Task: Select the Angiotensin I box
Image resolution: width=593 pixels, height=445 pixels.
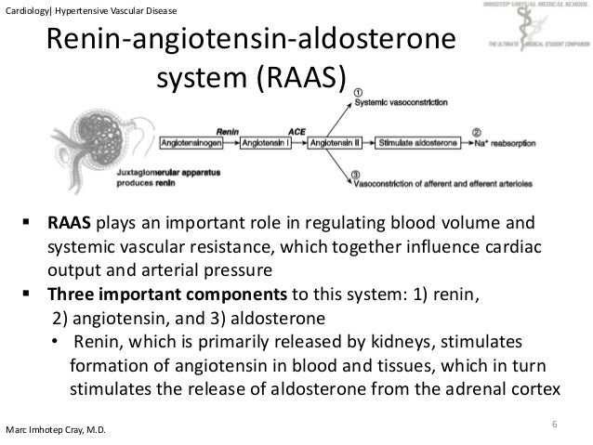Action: [265, 144]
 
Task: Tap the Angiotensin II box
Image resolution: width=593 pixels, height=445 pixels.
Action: [336, 144]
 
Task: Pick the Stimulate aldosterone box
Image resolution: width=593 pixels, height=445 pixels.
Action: [416, 144]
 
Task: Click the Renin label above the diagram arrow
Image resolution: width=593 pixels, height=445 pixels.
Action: [228, 131]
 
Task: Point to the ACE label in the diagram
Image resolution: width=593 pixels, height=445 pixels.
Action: [296, 131]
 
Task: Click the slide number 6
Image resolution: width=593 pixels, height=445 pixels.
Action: [554, 425]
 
